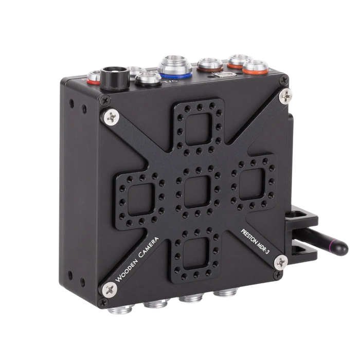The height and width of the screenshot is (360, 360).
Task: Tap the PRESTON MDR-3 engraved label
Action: click(256, 235)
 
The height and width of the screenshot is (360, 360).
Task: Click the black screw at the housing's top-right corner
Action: click(282, 80)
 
